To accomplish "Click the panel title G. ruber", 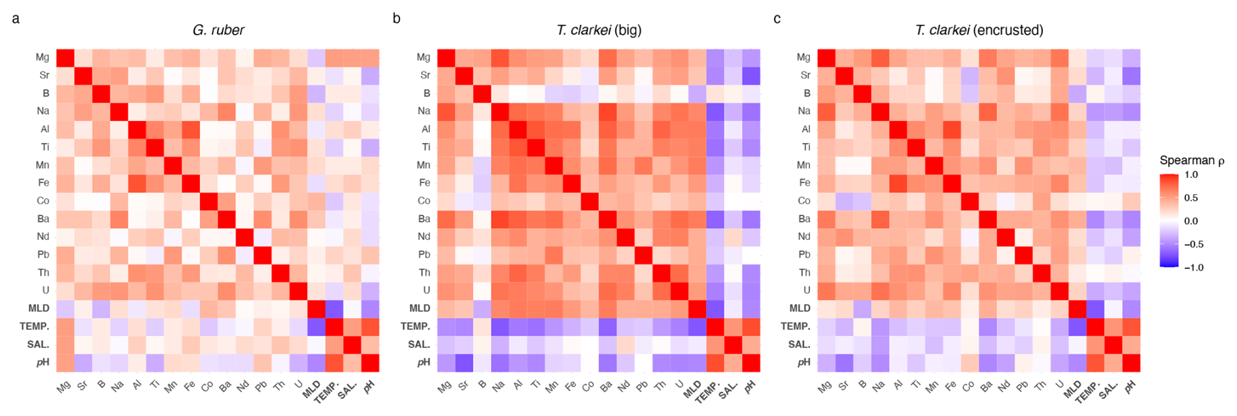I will coord(218,30).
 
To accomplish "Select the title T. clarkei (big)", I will coord(599,30).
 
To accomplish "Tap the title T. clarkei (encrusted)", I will coord(979,30).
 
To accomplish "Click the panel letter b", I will coord(396,18).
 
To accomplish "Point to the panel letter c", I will coord(777,18).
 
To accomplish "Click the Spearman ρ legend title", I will coord(1191,160).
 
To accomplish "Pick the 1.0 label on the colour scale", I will coord(1191,175).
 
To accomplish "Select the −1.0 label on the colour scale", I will coord(1193,268).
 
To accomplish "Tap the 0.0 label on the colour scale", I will coord(1191,221).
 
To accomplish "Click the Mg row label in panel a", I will coord(42,58).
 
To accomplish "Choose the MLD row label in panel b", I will coord(420,308).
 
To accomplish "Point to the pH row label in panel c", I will coord(804,362).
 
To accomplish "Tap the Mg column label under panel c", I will coord(825,387).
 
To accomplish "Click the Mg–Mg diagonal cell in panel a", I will coord(65,58).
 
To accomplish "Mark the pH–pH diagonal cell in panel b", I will coord(751,362).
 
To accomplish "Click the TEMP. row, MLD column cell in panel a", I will coord(316,326).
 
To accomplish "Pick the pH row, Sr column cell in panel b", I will coord(465,362).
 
